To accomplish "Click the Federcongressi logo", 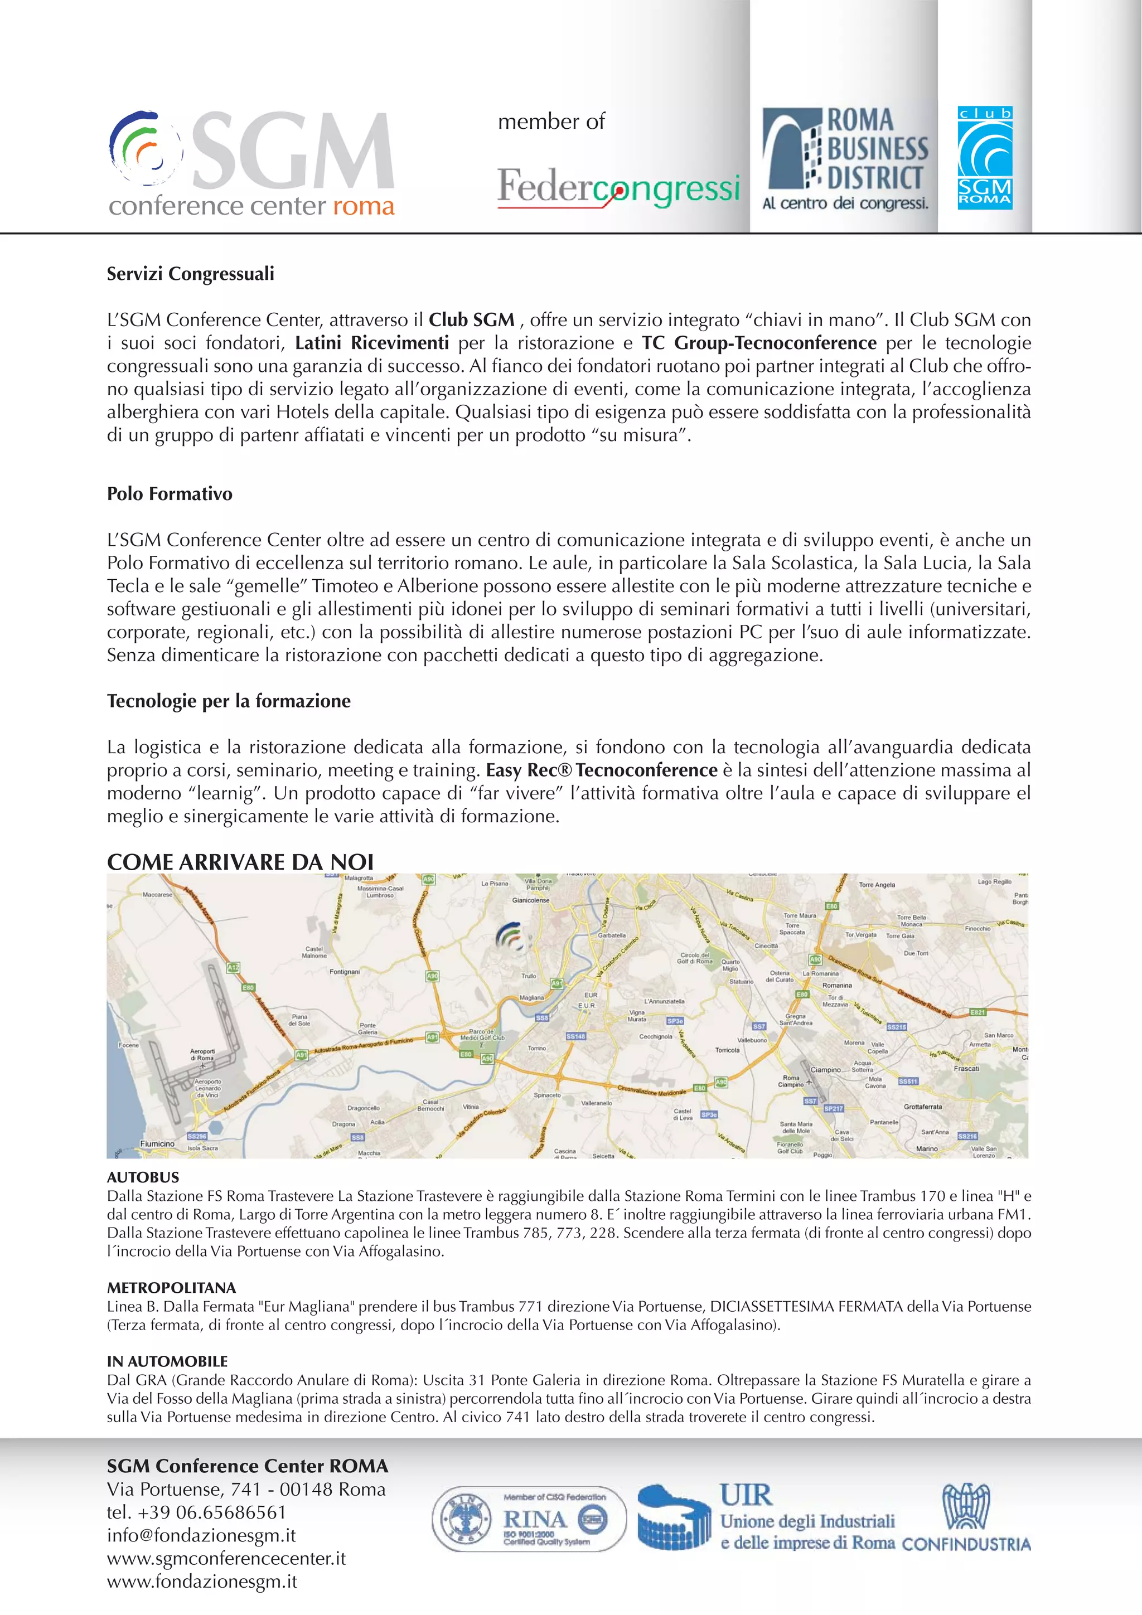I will (x=618, y=188).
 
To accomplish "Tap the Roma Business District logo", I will (x=845, y=158).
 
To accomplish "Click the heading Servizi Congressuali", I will (x=190, y=274).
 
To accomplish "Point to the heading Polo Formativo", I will (x=169, y=494).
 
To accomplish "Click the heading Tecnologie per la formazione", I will (x=228, y=701).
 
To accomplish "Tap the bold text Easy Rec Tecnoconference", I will (x=601, y=770).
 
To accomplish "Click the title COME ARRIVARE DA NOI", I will (x=240, y=862).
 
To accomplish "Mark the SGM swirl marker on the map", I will (x=511, y=937).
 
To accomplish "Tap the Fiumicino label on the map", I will (x=157, y=1143).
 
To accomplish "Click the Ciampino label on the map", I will (x=825, y=1069).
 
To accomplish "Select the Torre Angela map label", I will (x=877, y=885).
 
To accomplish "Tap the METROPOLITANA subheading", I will (x=171, y=1288).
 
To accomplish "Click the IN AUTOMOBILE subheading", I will (x=167, y=1362).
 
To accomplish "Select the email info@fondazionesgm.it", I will (x=201, y=1535).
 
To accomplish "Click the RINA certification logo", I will (x=529, y=1519).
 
